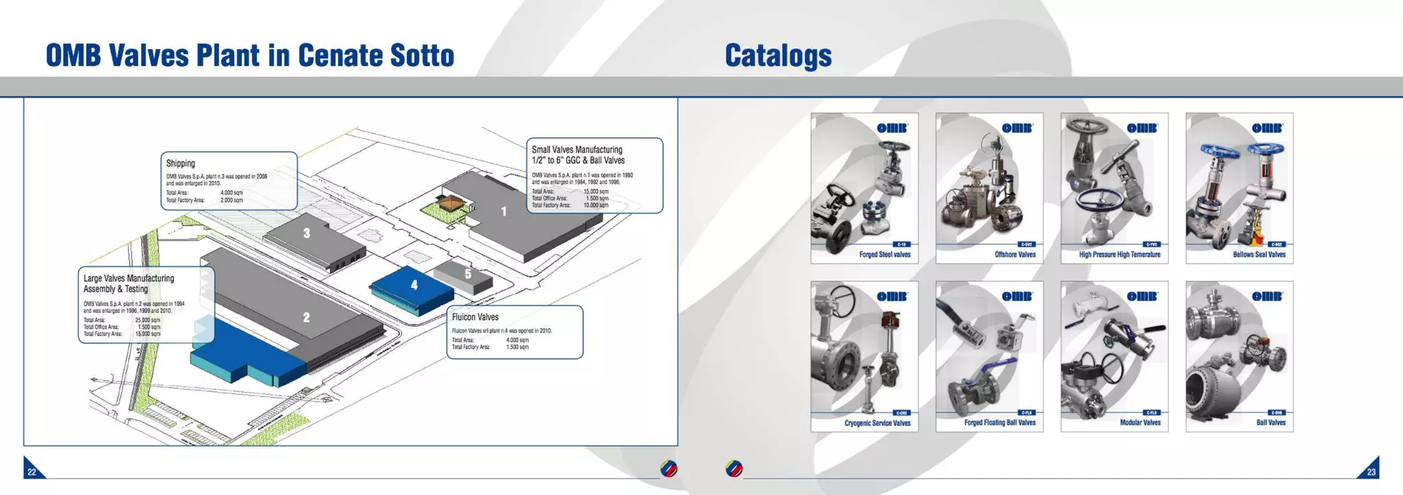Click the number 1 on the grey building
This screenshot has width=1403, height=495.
(x=504, y=212)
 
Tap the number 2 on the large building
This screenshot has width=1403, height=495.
(x=306, y=318)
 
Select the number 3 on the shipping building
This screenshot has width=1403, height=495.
(x=306, y=233)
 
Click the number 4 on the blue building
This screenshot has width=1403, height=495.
(x=414, y=285)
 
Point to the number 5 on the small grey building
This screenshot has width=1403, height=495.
(x=468, y=274)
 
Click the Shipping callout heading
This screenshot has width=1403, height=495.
(x=180, y=164)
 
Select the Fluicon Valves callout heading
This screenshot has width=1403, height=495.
(x=475, y=317)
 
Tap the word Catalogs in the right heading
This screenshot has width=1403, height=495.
(x=778, y=55)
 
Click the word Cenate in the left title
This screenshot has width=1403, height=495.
(x=340, y=55)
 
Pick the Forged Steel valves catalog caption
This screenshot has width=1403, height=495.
(x=884, y=255)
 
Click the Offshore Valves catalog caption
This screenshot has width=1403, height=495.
(x=1015, y=255)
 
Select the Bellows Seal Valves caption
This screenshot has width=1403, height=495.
(x=1258, y=255)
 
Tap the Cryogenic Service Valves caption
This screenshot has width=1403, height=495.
(x=877, y=423)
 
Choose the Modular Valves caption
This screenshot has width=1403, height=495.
(x=1140, y=422)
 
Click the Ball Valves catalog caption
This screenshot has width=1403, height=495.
(x=1270, y=422)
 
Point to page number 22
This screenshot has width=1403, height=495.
(x=32, y=472)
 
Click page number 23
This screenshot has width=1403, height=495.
(x=1371, y=472)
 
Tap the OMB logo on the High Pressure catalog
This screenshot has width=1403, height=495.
(x=1142, y=128)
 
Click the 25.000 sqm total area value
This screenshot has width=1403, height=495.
(x=147, y=320)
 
